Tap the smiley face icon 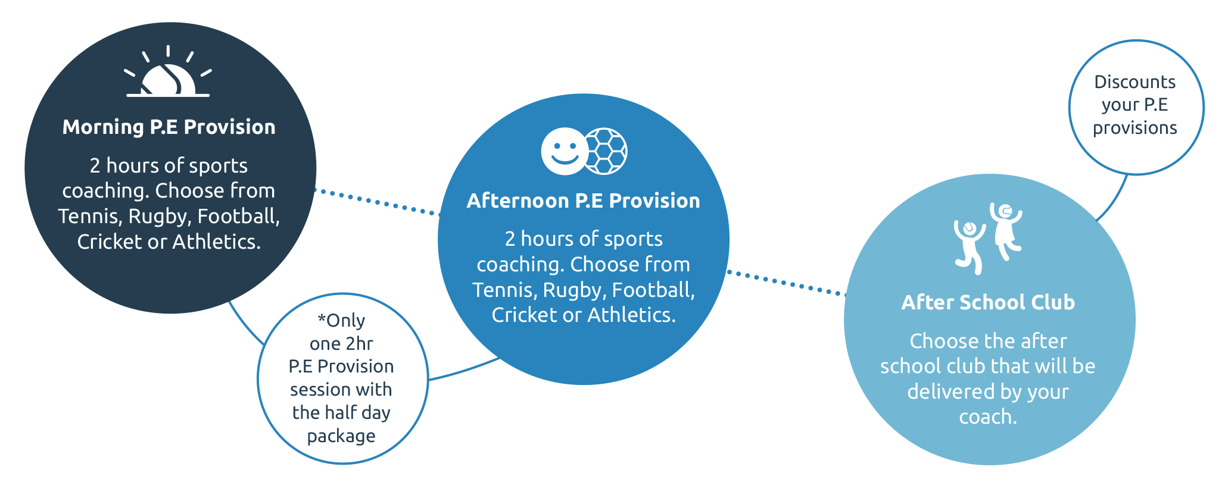coord(565,151)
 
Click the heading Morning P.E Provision coord(169,127)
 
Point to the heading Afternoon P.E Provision coord(583,201)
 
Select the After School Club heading coord(988,302)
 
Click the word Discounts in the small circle coord(1135,82)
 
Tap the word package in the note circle coord(341,436)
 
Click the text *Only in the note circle coord(341,320)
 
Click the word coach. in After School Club coord(988,417)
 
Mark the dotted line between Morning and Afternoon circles coord(378,202)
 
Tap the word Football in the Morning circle coord(238,216)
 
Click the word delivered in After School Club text coord(946,391)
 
